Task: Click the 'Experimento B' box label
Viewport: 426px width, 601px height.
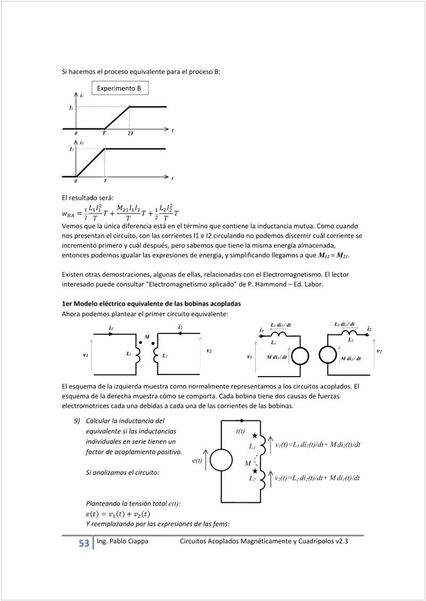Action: tap(119, 88)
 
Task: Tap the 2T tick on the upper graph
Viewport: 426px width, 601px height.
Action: tap(130, 133)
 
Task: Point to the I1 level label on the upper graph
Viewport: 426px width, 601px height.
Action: tap(71, 108)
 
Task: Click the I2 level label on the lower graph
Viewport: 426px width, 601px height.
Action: tap(71, 150)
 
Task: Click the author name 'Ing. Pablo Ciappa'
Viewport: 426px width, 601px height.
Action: tap(122, 541)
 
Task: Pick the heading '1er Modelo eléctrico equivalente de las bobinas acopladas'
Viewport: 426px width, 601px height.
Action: tap(151, 303)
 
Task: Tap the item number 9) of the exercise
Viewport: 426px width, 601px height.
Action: tap(77, 420)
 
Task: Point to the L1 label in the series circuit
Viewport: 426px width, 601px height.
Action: tap(252, 446)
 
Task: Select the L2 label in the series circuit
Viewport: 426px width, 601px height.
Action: tap(252, 478)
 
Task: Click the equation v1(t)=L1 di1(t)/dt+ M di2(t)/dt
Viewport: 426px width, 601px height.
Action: tap(318, 445)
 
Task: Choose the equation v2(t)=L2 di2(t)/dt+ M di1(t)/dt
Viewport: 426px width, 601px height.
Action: tap(318, 478)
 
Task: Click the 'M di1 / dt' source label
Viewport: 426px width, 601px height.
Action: tap(351, 359)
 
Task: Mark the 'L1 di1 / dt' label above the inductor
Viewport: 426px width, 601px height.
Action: tap(281, 324)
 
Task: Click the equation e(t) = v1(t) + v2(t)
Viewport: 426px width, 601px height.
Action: tap(118, 514)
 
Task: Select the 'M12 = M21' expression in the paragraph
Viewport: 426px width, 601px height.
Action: tap(334, 256)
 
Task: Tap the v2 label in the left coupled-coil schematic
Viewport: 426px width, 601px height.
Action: tap(209, 351)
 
